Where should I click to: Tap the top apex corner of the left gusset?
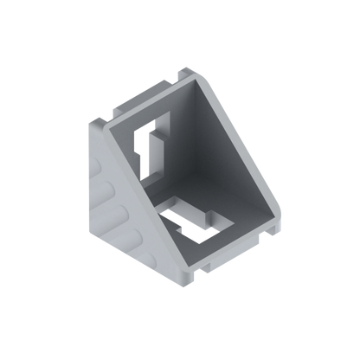click(93, 122)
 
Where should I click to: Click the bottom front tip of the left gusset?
click(177, 287)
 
